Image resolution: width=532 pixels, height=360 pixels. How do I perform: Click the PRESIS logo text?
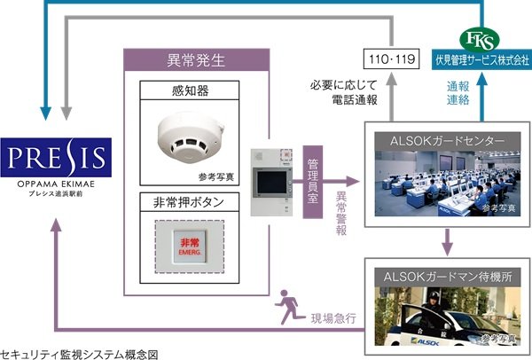point(57,160)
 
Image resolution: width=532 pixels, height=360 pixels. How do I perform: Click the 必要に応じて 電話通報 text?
point(344,94)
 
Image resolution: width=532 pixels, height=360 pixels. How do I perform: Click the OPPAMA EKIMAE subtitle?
point(57,184)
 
